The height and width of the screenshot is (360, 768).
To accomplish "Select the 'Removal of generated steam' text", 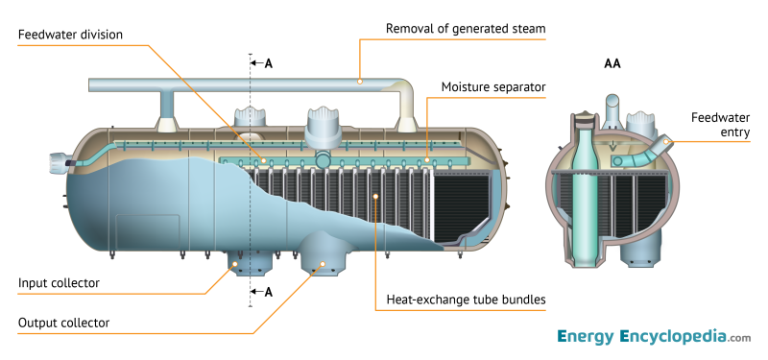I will tap(465, 29).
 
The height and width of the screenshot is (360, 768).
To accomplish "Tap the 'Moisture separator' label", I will tap(493, 87).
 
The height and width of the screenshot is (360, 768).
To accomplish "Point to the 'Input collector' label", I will tap(59, 283).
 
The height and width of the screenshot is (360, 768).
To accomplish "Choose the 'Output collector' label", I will tap(63, 323).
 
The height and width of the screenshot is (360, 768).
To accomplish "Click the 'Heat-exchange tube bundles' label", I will tap(465, 300).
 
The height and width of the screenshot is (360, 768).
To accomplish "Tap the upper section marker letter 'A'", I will tap(269, 63).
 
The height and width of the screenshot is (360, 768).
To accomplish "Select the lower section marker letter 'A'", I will tap(269, 291).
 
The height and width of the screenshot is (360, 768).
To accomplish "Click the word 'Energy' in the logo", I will tap(587, 337).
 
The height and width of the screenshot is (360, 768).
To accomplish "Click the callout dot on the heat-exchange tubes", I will tap(375, 196).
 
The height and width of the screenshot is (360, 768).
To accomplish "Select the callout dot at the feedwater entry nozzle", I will tap(670, 143).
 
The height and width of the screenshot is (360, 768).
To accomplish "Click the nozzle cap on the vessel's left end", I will tap(57, 164).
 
